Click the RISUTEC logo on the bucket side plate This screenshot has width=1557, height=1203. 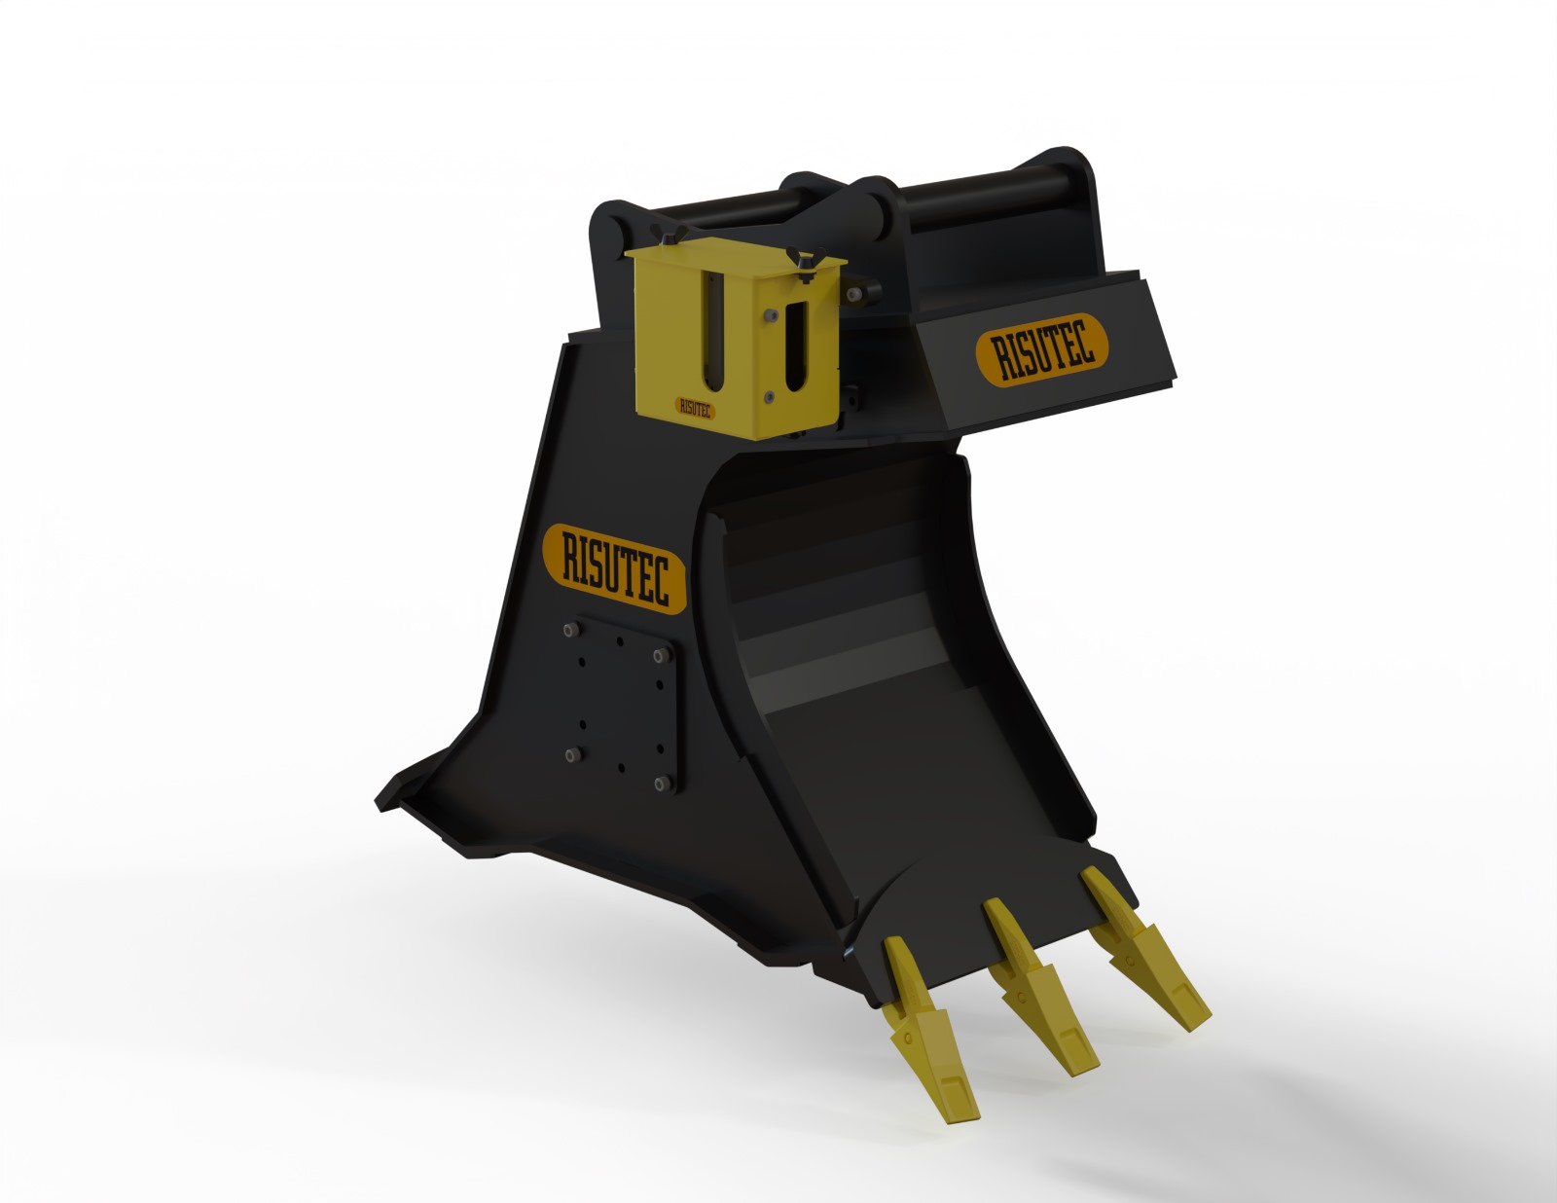(x=614, y=568)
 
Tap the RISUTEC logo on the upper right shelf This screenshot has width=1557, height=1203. (x=1040, y=348)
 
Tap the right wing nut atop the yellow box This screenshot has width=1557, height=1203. (x=807, y=260)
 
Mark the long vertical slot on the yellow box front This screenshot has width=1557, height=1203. (x=716, y=330)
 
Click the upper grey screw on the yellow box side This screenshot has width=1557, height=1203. (x=770, y=314)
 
